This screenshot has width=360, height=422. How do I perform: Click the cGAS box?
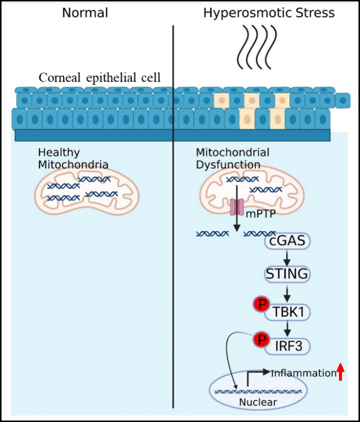[287, 241]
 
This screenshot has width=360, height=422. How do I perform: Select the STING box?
[287, 274]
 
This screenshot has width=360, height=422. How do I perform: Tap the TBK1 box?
[287, 312]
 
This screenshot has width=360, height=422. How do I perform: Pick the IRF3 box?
[287, 346]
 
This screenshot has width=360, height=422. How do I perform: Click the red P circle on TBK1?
[262, 304]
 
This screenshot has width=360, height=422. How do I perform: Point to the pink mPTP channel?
[237, 207]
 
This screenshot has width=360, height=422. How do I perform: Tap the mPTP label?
[261, 214]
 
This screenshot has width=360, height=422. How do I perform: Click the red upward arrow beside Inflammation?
[340, 372]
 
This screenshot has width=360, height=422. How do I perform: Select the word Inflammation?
[303, 373]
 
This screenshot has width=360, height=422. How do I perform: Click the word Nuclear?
[258, 402]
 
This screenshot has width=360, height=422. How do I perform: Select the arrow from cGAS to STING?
[287, 258]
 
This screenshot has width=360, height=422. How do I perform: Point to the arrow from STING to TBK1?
[287, 294]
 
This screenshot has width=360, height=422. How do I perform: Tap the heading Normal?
[85, 13]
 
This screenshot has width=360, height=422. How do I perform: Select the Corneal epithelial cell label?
[99, 78]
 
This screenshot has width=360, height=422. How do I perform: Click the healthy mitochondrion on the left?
[86, 190]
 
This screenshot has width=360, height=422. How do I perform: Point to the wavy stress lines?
[257, 47]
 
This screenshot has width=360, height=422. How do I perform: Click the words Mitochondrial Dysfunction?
[232, 159]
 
